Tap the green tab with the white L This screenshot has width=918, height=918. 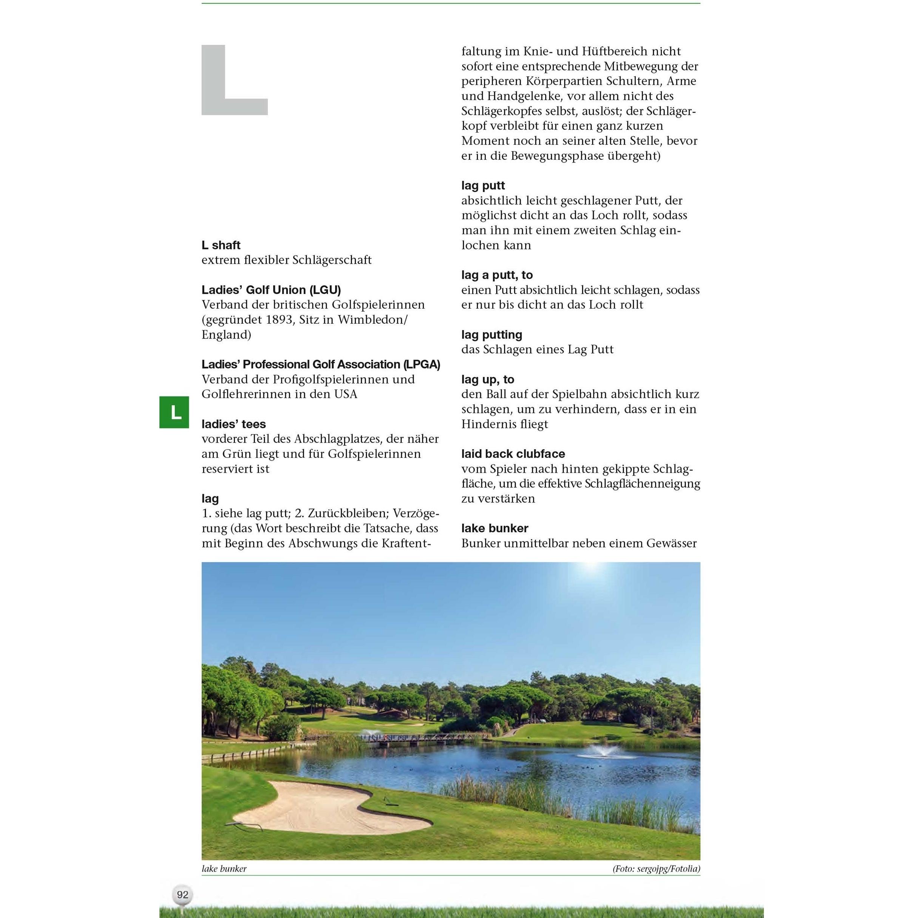pyautogui.click(x=174, y=412)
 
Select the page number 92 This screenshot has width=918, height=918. pyautogui.click(x=182, y=894)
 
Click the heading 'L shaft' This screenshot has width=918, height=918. pyautogui.click(x=221, y=245)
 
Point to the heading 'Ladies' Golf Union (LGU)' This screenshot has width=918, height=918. pyautogui.click(x=271, y=290)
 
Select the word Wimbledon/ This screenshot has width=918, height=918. pyautogui.click(x=372, y=320)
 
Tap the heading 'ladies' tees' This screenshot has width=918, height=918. pyautogui.click(x=234, y=424)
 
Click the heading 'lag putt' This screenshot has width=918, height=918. pyautogui.click(x=483, y=185)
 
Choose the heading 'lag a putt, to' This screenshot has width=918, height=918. pyautogui.click(x=497, y=275)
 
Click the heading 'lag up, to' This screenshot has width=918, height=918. pyautogui.click(x=487, y=379)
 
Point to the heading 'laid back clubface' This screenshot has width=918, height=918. pyautogui.click(x=513, y=454)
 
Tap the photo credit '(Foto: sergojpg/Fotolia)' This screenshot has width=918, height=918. pyautogui.click(x=656, y=869)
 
